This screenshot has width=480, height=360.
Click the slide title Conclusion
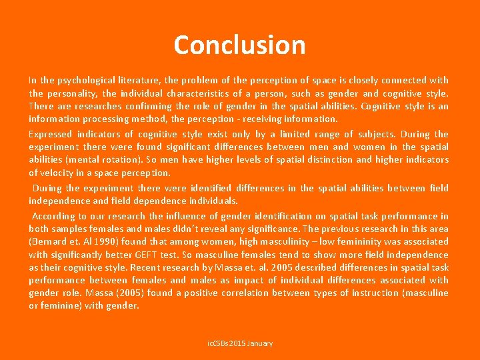tap(239, 45)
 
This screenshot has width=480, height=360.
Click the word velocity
tap(59, 173)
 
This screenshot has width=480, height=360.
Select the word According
tap(54, 216)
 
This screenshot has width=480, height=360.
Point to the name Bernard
tap(49, 242)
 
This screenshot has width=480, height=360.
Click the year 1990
tap(101, 242)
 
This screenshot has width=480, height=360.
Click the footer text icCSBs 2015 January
tap(239, 343)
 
